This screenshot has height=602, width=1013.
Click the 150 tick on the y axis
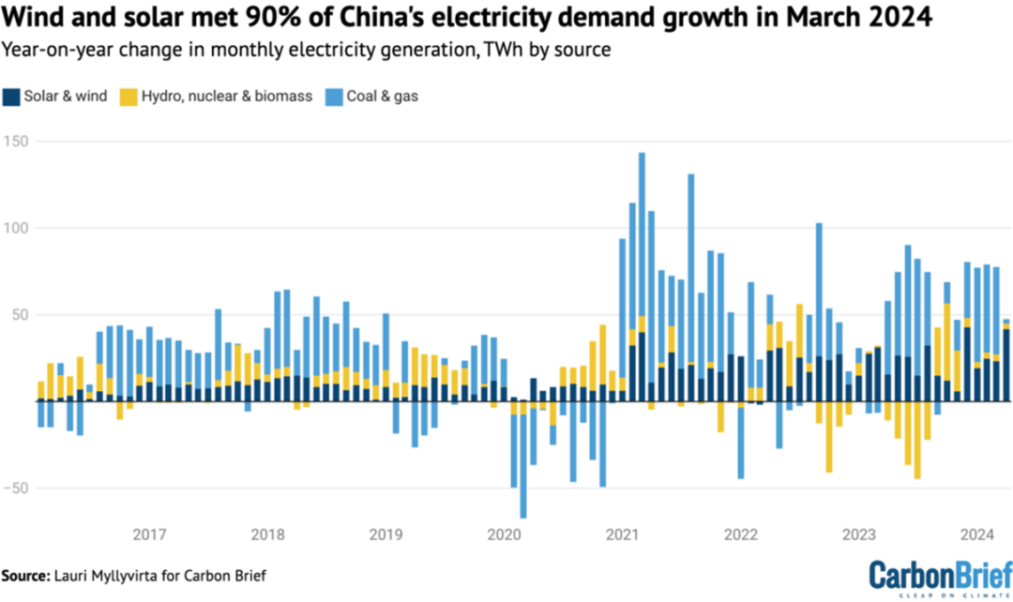coord(15,142)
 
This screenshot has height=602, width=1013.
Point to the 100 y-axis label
coord(15,228)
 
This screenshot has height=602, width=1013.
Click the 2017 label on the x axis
coord(150,534)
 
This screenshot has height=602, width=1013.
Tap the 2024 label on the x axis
coord(977,534)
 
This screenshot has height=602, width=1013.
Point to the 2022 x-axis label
coord(741,534)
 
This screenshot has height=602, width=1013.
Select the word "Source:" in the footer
coord(29,575)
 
